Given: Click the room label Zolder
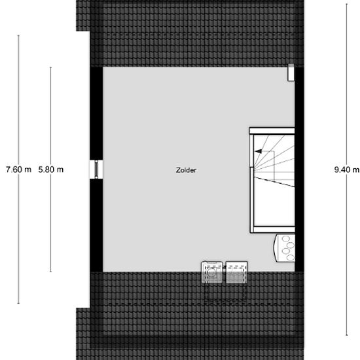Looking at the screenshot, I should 186,170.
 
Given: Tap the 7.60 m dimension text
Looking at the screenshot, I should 18,170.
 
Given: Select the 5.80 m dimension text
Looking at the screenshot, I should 51,170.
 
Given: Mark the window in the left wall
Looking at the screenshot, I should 96,168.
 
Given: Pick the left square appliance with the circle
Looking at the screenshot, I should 213,272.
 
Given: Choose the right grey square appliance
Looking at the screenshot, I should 236,272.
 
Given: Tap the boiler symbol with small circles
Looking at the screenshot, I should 286,247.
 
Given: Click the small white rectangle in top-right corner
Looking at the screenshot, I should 289,73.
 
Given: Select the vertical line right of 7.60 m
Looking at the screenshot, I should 18,98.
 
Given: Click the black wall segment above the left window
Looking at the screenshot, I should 96,111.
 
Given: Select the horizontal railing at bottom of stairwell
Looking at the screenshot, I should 272,228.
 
